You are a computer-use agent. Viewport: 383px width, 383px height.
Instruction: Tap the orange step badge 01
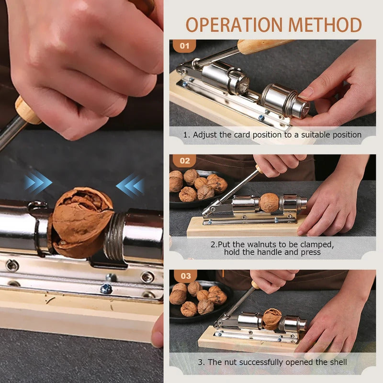coord(184,46)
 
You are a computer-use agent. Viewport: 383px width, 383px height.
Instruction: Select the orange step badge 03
coord(185,276)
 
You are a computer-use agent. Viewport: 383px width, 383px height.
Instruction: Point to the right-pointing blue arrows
coord(38,183)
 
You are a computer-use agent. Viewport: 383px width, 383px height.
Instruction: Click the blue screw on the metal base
coord(106,289)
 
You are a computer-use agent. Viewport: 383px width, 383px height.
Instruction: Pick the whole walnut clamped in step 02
coord(269,203)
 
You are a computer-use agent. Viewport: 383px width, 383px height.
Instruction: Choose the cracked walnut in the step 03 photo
coord(272,319)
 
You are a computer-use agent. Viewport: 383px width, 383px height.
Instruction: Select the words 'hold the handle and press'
coord(272,252)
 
